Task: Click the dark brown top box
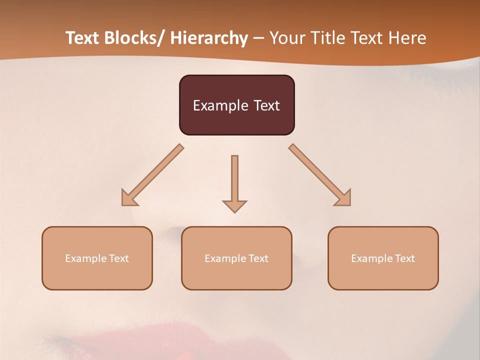coord(237,105)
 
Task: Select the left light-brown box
coord(97,258)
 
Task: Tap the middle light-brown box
coord(236,258)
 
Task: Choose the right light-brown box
coord(383,258)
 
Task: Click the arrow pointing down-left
coord(152,175)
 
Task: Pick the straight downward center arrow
coord(234,183)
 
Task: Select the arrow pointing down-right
coord(320,175)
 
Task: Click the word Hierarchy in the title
coord(208,38)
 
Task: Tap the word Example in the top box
coord(220,105)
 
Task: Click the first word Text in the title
coord(83,38)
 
